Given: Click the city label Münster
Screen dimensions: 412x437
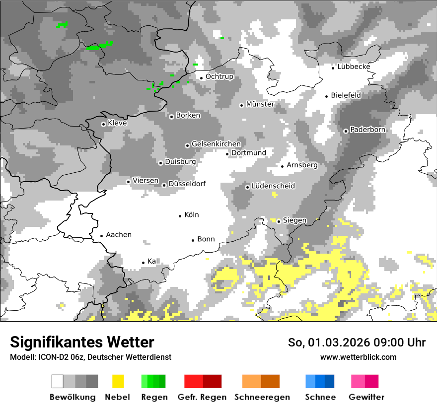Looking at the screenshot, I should [x=260, y=104].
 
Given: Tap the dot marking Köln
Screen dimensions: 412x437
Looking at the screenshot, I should [x=180, y=216].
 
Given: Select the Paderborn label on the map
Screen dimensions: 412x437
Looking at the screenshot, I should [x=368, y=130].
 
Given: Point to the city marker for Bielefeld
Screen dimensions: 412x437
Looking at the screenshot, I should [x=327, y=96].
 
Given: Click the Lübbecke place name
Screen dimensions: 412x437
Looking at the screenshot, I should [x=354, y=67].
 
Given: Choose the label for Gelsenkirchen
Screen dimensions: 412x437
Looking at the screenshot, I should [x=216, y=144].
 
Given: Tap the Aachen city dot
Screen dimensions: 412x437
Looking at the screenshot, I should [x=101, y=236].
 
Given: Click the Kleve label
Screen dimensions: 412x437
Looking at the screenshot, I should [x=117, y=123].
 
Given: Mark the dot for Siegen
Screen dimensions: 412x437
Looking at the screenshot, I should [x=279, y=221].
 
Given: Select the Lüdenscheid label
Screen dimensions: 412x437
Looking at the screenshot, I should [x=273, y=186].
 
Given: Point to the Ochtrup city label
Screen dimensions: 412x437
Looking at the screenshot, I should [x=219, y=76].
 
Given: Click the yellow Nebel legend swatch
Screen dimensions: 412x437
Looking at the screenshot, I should [x=118, y=381].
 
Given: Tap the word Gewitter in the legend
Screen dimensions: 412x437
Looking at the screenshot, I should [x=366, y=397].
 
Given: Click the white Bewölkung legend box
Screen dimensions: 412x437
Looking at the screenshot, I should [x=58, y=381].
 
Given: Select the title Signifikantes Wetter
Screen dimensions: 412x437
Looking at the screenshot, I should [x=82, y=342].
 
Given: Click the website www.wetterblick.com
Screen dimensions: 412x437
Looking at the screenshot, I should [x=359, y=357].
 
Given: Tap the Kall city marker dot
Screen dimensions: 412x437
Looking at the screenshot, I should [x=144, y=263].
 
